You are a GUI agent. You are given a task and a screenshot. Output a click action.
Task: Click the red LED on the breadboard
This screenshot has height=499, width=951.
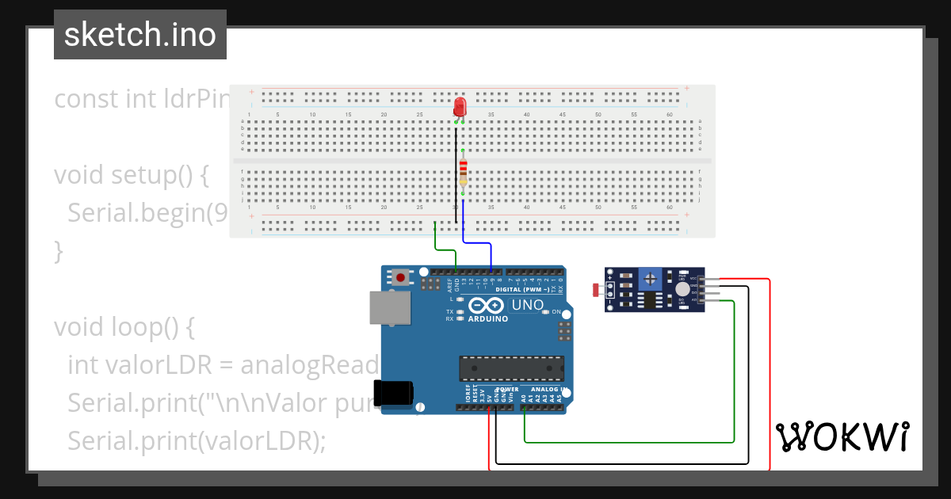point(460,108)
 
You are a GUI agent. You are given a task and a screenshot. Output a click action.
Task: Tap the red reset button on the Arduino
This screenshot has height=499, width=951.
point(402,277)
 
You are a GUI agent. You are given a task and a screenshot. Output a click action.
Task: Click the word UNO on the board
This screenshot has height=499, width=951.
point(528,305)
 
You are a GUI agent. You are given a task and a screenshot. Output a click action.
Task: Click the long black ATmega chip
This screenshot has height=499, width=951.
point(511,368)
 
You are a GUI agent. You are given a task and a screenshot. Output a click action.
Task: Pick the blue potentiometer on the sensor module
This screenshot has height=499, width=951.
point(651,278)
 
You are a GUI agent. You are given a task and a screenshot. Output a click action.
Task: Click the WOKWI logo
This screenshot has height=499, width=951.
point(842,436)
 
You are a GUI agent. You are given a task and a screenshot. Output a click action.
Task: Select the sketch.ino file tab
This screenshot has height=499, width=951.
point(140,35)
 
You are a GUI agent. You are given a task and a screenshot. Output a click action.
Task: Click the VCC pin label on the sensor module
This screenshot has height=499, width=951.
point(693,278)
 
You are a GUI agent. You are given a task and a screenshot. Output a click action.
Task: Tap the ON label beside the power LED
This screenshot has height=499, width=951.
point(556,312)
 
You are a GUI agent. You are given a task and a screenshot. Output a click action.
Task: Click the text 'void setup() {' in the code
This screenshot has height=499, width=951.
point(131,175)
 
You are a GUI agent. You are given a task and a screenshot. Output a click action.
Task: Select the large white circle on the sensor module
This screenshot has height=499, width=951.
point(682,290)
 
